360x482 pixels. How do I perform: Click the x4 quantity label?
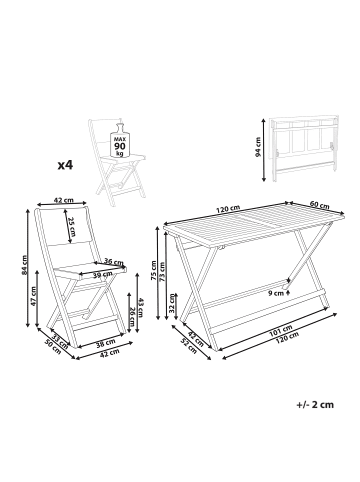(x=65, y=164)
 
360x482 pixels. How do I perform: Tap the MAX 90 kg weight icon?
(x=119, y=141)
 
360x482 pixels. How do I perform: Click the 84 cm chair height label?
(x=23, y=265)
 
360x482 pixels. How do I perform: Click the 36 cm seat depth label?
(x=112, y=261)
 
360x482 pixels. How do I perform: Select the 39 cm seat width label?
(x=103, y=274)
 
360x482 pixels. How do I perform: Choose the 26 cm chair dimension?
(x=132, y=317)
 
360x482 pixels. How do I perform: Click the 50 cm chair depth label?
(x=53, y=347)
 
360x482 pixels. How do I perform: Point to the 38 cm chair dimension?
(x=107, y=342)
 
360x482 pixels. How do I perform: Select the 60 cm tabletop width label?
(x=320, y=205)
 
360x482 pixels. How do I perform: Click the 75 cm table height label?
(x=153, y=269)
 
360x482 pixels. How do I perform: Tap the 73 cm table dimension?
(x=162, y=272)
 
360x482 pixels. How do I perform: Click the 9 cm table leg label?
(x=276, y=293)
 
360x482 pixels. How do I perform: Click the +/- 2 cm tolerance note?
(x=315, y=405)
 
